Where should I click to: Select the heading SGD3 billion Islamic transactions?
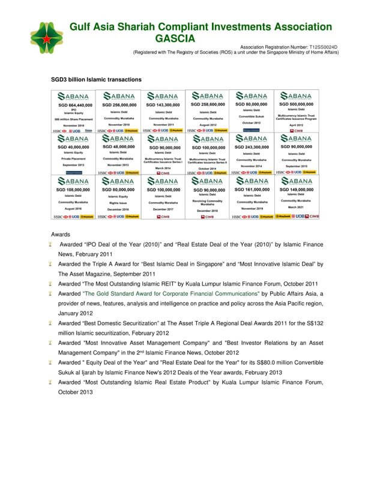[97, 79]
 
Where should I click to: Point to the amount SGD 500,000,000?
[297, 104]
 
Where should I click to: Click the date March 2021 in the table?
[297, 207]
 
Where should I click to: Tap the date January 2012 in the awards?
[80, 313]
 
